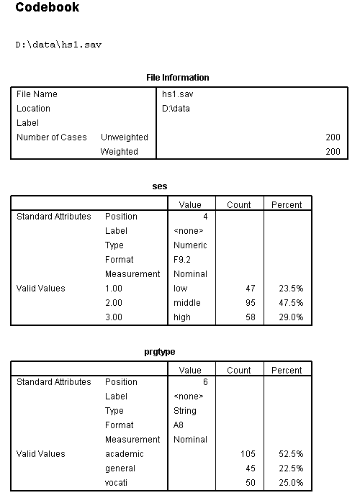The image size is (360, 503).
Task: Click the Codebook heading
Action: [47, 9]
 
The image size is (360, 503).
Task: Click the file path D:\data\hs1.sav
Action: [58, 45]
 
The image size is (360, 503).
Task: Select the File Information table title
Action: [177, 78]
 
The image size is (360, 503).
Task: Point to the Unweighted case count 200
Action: [333, 137]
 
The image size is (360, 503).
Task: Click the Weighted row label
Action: [119, 152]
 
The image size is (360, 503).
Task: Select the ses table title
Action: [161, 186]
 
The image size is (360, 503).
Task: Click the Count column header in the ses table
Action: [239, 205]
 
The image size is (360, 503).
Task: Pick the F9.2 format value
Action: [186, 260]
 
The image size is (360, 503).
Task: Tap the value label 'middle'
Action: [187, 303]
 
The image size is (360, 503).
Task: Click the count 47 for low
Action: [251, 289]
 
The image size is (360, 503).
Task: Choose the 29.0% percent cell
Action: [291, 317]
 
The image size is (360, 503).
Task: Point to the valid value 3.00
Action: [115, 317]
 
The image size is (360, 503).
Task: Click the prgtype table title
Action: [161, 352]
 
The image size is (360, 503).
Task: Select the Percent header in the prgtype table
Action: [287, 371]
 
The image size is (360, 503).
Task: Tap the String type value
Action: [186, 411]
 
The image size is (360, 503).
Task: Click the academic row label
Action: [125, 454]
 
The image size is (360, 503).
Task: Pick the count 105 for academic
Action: [248, 454]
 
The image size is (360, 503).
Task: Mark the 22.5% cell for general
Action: [291, 468]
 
